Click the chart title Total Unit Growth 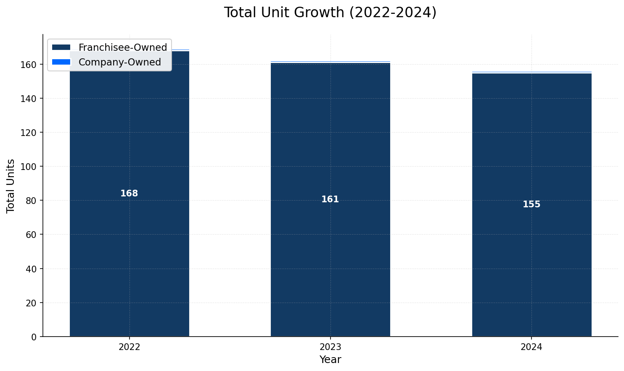[x=330, y=13]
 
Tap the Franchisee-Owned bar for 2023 [x=330, y=252]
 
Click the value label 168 [x=129, y=193]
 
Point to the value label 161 [x=330, y=199]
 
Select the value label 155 [x=531, y=204]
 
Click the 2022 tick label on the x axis [x=129, y=347]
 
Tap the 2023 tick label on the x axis [x=330, y=347]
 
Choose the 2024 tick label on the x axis [x=531, y=347]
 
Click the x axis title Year [x=330, y=360]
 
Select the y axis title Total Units [x=11, y=185]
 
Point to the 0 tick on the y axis [x=34, y=337]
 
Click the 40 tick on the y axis [x=32, y=269]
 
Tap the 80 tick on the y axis [x=32, y=201]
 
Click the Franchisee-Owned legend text [x=123, y=47]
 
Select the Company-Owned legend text [x=120, y=62]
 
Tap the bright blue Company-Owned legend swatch [x=61, y=62]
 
